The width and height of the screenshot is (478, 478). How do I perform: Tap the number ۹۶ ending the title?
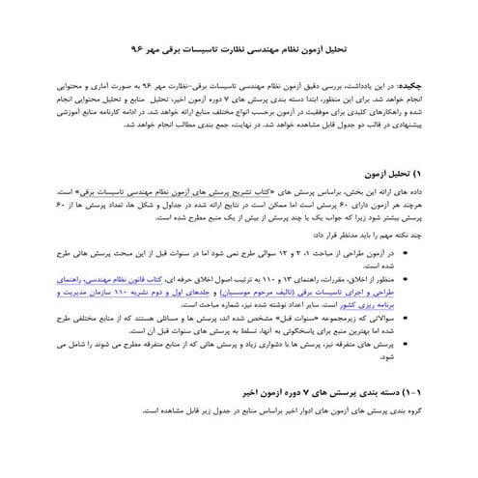(x=135, y=46)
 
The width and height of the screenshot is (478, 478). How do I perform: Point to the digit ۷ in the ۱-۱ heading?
(x=290, y=394)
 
